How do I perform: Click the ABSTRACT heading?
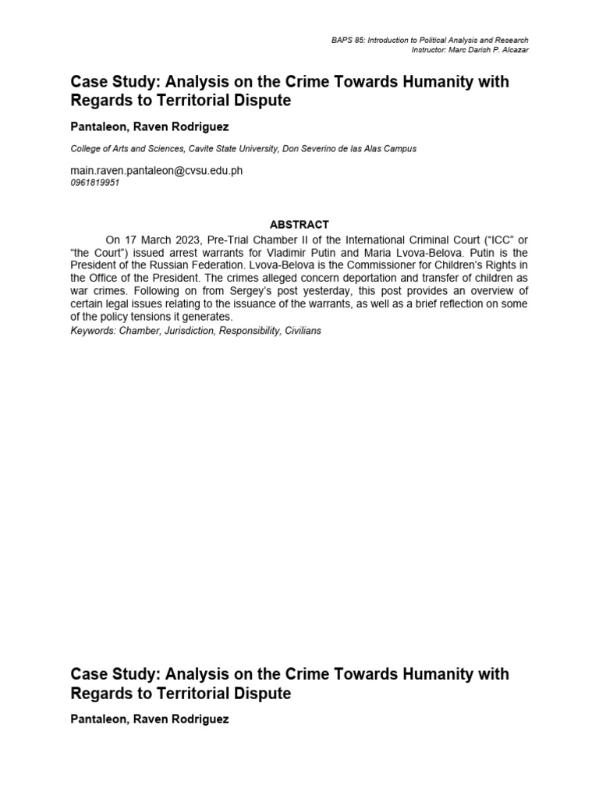point(299,225)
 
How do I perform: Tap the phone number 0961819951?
point(95,183)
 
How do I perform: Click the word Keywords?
point(90,331)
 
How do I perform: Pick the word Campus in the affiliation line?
point(399,149)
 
